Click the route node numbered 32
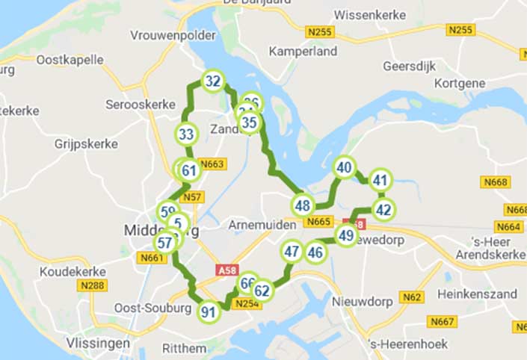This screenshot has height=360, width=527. point(213,81)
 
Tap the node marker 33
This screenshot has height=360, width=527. point(187,135)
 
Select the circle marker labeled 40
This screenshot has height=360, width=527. point(344,168)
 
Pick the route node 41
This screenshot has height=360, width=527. point(380,180)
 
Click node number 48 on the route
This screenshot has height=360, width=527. point(303,205)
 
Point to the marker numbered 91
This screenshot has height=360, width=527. point(209,312)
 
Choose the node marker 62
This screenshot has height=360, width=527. point(262,291)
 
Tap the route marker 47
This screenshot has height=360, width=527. point(292,252)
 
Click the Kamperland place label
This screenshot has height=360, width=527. point(303,52)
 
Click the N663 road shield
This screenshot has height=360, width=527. point(213,164)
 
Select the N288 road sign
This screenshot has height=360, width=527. point(95,285)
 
